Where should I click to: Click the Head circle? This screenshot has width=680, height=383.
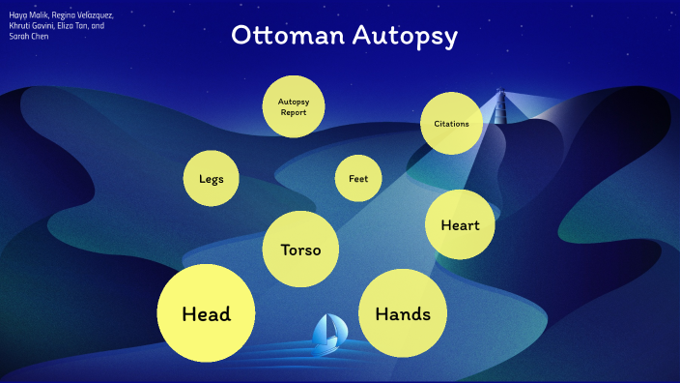[206, 313]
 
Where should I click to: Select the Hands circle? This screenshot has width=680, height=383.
[402, 313]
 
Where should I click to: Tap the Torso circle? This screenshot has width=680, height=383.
[300, 250]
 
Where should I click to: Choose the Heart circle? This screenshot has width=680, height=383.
[460, 225]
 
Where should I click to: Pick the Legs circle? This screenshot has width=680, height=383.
[212, 179]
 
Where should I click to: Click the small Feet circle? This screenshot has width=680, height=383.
[358, 178]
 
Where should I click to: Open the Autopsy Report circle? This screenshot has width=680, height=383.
[293, 105]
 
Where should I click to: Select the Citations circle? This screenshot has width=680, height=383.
[451, 124]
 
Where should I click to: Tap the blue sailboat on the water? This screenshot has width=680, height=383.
[328, 333]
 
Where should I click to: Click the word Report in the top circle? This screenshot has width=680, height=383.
[293, 112]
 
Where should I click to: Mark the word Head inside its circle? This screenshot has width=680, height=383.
[206, 314]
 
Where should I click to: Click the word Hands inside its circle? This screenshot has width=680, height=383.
[402, 314]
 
